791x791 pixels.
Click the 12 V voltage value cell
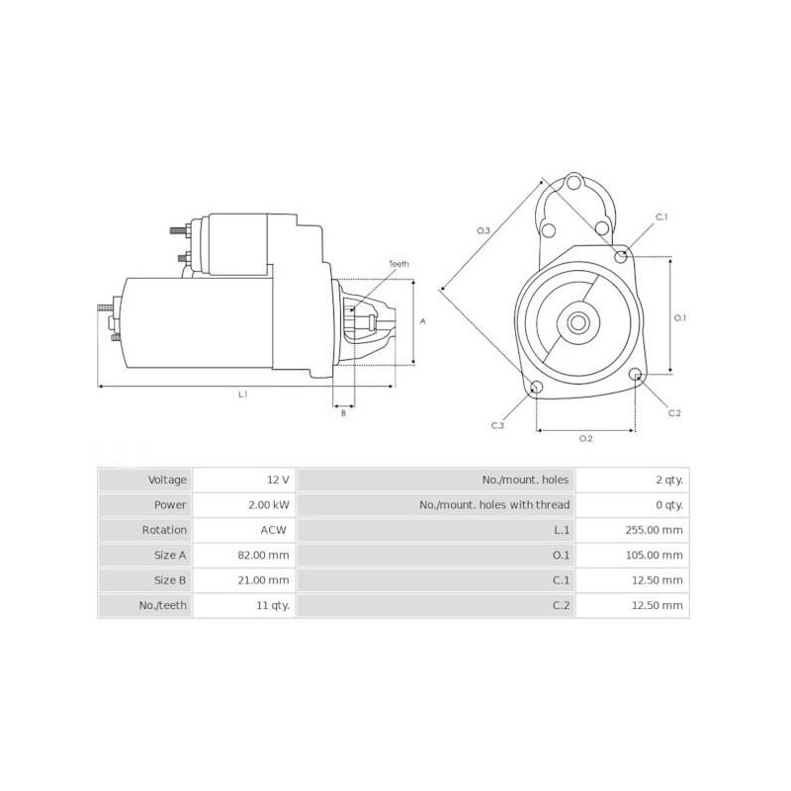click(278, 480)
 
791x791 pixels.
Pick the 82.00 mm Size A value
click(266, 555)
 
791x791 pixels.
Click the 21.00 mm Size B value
click(266, 580)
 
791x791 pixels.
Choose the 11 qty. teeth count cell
click(271, 605)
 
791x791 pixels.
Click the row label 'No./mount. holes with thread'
click(494, 504)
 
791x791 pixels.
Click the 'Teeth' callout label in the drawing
click(398, 264)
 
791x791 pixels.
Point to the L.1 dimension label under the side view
click(243, 395)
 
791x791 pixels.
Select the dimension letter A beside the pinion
click(423, 321)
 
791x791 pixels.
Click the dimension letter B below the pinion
click(343, 413)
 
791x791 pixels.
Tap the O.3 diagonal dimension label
click(483, 230)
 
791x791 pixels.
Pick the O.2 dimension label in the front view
click(584, 438)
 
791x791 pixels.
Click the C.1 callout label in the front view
click(661, 217)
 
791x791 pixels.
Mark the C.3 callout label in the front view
click(497, 425)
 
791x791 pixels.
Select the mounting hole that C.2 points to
click(636, 375)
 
